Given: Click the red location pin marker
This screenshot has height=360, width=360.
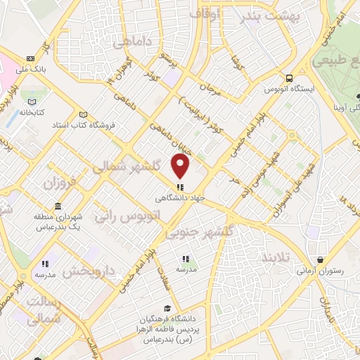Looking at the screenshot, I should click(x=181, y=166).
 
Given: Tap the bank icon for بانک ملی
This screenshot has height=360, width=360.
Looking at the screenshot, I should click(x=30, y=58).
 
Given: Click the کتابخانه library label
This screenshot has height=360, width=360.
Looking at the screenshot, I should click(x=32, y=112).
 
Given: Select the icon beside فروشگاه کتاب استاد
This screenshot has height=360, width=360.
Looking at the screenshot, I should click(x=84, y=115).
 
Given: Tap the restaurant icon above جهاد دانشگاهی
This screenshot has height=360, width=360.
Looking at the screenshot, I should click(x=181, y=187).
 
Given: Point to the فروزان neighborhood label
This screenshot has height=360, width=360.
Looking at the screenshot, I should click(x=59, y=185).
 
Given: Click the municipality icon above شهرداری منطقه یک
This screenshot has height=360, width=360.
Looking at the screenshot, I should click(x=57, y=207).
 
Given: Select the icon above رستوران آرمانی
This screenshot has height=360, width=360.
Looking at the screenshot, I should click(x=320, y=260).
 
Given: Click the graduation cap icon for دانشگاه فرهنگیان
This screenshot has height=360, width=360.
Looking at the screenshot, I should click(x=167, y=308).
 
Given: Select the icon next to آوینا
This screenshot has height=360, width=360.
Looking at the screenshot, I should click(x=333, y=108).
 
